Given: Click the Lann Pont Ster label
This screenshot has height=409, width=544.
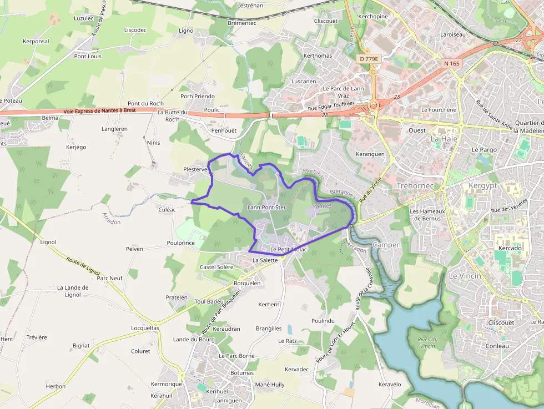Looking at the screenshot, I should pyautogui.click(x=266, y=208).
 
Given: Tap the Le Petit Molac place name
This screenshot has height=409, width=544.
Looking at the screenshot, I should pyautogui.click(x=288, y=250).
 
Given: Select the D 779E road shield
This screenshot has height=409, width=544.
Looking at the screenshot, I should pyautogui.click(x=369, y=58).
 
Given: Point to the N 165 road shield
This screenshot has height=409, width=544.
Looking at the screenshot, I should pyautogui.click(x=452, y=63).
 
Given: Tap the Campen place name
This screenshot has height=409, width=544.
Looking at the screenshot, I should pyautogui.click(x=387, y=245).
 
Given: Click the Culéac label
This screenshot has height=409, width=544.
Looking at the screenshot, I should pyautogui.click(x=167, y=210).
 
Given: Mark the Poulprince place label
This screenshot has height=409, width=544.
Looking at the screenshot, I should pyautogui.click(x=181, y=243).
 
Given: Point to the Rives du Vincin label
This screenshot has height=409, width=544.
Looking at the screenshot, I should pyautogui.click(x=428, y=342).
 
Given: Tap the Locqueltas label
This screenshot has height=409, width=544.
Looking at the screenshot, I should pyautogui.click(x=145, y=328).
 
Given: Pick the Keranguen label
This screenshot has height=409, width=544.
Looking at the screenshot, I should pyautogui.click(x=370, y=154).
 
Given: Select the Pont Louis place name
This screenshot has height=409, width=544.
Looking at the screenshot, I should pyautogui.click(x=88, y=56).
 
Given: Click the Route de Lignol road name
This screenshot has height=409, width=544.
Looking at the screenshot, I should pyautogui.click(x=83, y=268).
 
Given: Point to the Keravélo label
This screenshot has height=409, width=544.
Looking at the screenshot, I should pyautogui.click(x=389, y=385).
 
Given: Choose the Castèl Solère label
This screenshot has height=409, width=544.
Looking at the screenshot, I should pyautogui.click(x=216, y=267).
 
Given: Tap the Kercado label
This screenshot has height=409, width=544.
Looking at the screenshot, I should pyautogui.click(x=510, y=248).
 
